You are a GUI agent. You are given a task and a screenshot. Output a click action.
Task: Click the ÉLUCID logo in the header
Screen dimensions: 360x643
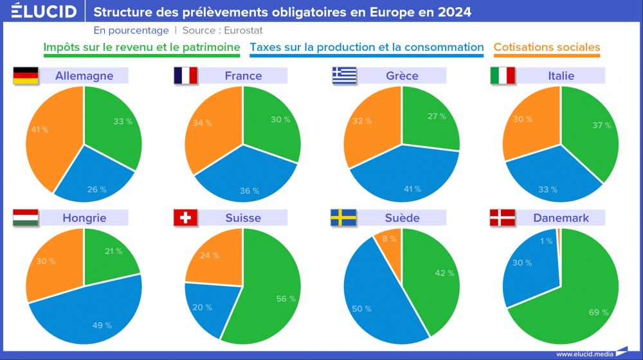click(x=40, y=12)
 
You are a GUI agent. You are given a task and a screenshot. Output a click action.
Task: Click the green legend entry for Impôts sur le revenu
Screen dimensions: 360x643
click(x=141, y=47)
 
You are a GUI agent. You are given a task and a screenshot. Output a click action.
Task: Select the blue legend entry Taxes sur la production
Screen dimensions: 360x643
click(x=367, y=47)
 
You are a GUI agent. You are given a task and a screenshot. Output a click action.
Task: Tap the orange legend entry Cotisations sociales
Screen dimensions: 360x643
click(x=547, y=47)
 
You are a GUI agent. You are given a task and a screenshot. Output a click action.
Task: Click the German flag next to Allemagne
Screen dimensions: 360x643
click(x=25, y=76)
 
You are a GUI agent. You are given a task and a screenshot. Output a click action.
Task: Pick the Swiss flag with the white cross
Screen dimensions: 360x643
click(x=185, y=218)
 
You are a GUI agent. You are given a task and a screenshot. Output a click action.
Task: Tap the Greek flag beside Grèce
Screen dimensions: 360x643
click(x=344, y=76)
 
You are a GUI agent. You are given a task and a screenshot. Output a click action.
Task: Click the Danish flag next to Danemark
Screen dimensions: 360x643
click(x=502, y=218)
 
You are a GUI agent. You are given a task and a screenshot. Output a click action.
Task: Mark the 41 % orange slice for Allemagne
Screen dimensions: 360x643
click(x=48, y=135)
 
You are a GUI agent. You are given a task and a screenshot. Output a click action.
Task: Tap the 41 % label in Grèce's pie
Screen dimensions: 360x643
click(x=412, y=189)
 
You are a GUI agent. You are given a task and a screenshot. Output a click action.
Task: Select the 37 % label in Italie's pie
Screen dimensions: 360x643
click(x=601, y=125)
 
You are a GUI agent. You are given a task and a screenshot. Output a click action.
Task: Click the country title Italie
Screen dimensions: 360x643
click(x=561, y=76)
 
